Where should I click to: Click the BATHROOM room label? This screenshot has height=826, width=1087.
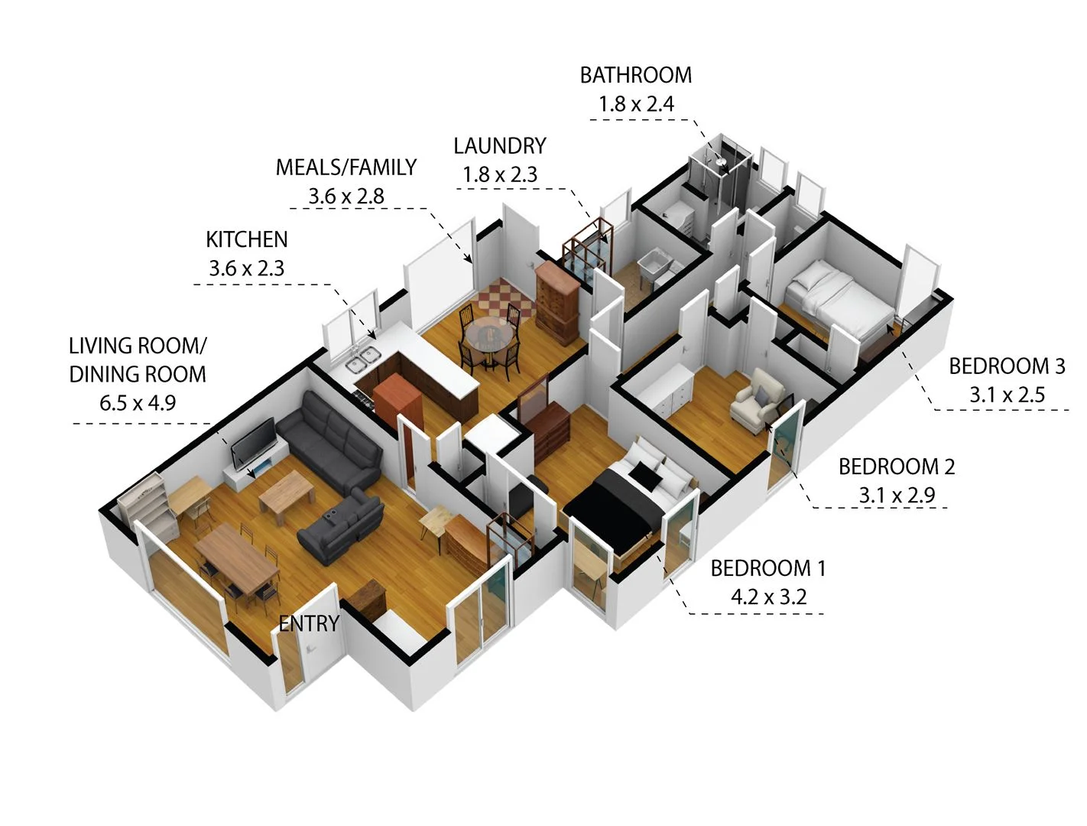point(635,75)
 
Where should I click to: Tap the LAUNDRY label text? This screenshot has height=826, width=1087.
point(500,145)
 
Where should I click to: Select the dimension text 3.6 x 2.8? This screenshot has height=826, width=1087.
point(346,197)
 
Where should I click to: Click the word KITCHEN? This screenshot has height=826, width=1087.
point(246,239)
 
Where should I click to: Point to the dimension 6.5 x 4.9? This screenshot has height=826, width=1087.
point(138,402)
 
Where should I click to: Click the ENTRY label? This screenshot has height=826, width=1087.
point(308,623)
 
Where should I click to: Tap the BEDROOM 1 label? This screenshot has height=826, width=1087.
point(767,568)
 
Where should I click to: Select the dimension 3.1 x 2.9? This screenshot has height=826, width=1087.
point(896,495)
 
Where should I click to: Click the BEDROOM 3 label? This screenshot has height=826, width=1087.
point(1007,366)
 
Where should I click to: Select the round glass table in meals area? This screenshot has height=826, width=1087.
point(485,333)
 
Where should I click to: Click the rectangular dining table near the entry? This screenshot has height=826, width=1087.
point(236,559)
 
